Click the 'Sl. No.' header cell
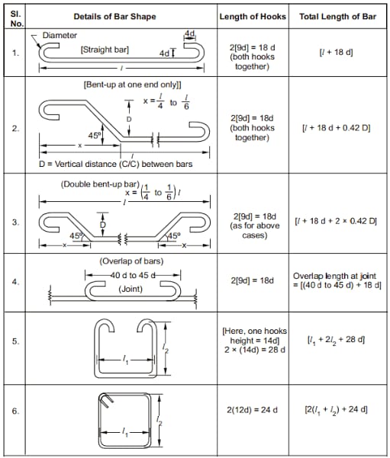15,16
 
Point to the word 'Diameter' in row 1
60,35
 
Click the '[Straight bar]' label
105,50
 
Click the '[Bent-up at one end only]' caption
127,85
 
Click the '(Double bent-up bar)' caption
89,184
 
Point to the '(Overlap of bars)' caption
126,261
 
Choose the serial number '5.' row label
15,341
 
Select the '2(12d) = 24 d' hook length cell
252,411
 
